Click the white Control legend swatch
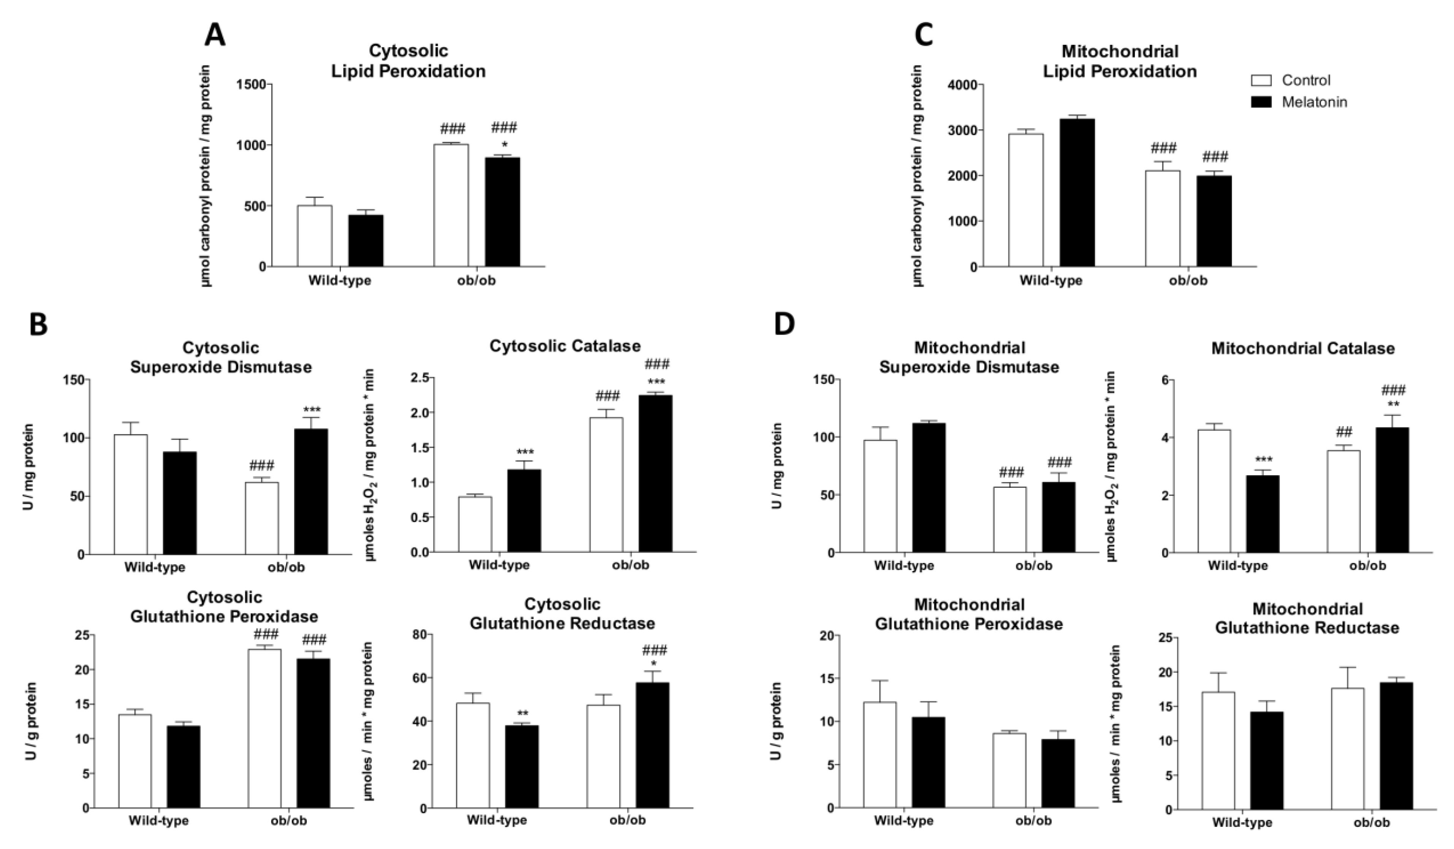[x=1262, y=80]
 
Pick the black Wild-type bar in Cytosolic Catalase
[x=524, y=511]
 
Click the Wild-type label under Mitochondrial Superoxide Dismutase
[x=904, y=566]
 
